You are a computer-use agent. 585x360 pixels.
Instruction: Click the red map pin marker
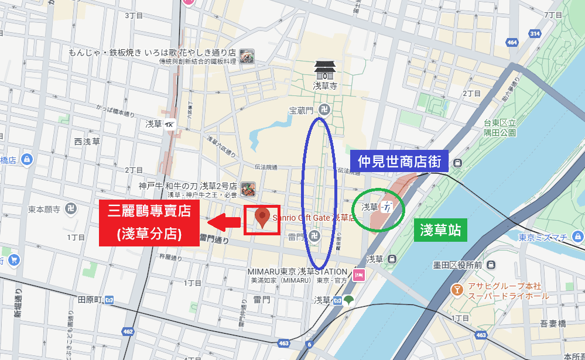click(262, 217)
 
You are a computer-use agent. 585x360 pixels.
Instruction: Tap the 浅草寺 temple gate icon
click(324, 70)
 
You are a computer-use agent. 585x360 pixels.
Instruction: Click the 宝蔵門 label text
click(302, 109)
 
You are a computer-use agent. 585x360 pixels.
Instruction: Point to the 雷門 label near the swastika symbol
click(296, 237)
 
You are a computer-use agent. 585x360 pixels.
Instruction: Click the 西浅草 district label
click(87, 141)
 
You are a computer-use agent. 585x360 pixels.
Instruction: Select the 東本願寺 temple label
click(44, 208)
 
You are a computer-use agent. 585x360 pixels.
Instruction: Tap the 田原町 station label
click(91, 300)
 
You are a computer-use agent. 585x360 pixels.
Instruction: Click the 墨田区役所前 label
click(457, 265)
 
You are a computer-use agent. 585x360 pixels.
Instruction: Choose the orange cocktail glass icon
click(457, 290)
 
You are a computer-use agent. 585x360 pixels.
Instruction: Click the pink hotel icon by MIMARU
click(359, 273)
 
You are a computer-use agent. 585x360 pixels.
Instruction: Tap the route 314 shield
click(534, 34)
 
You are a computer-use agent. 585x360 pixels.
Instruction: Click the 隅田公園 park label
click(500, 133)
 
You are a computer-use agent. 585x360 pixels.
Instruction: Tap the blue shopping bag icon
click(13, 260)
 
